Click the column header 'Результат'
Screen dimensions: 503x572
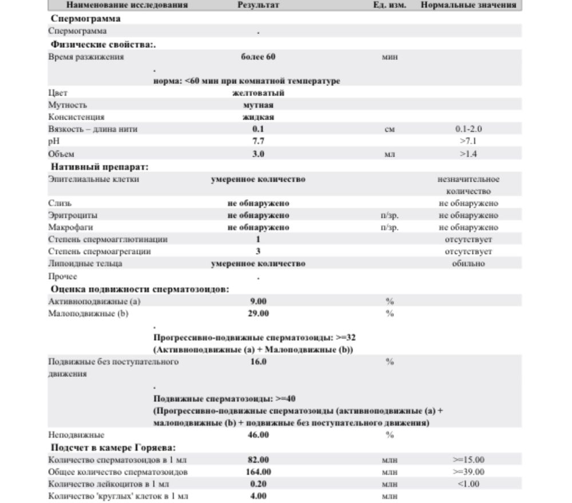(x=258, y=5)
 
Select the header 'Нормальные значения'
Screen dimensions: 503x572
(x=468, y=5)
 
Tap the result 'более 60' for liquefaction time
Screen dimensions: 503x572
(x=258, y=57)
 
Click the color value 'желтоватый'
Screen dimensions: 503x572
(x=258, y=93)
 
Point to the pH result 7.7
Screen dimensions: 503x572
(x=258, y=141)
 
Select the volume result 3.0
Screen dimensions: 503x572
(x=258, y=154)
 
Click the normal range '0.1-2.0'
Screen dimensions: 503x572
(x=468, y=129)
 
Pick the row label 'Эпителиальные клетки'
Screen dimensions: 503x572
(x=94, y=179)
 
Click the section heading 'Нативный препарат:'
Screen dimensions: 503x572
(x=100, y=167)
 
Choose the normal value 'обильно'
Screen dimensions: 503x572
(x=468, y=264)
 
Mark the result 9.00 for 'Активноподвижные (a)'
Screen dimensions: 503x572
(x=258, y=301)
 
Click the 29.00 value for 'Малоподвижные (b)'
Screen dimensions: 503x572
(x=258, y=314)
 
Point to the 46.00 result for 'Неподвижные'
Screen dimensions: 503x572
(x=258, y=435)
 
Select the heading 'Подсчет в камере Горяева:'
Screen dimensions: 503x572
(x=113, y=447)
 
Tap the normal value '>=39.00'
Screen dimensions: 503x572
(x=468, y=472)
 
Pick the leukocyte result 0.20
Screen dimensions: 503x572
(x=258, y=484)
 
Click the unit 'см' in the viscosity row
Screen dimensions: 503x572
(x=390, y=129)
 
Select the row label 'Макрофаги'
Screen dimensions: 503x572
(x=68, y=228)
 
